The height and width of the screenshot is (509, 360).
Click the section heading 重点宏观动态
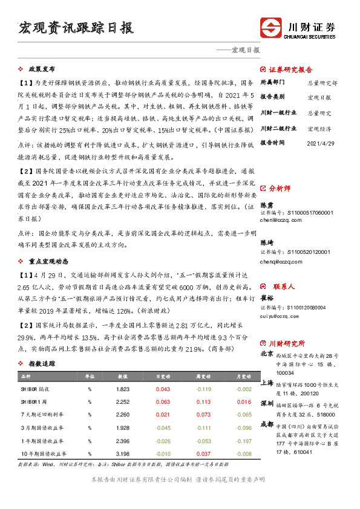point(47,261)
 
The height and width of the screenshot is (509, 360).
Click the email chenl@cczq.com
point(278,221)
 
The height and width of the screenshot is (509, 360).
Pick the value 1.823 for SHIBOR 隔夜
point(123,389)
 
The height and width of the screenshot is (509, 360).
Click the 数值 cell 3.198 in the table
point(123,453)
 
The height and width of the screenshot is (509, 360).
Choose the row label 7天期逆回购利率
point(44,415)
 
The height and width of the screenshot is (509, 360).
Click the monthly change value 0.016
point(244,401)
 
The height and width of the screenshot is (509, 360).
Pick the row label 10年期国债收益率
point(45,453)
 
